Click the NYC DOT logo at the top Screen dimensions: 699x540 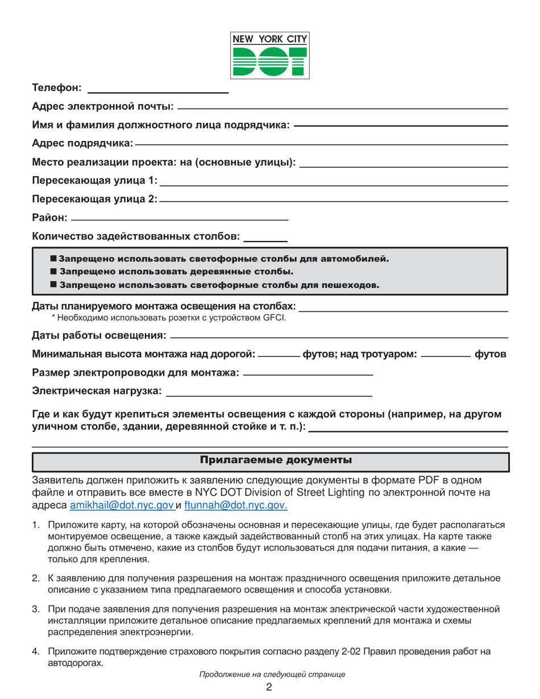[x=270, y=55]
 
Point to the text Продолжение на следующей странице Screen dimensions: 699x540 [x=272, y=675]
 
